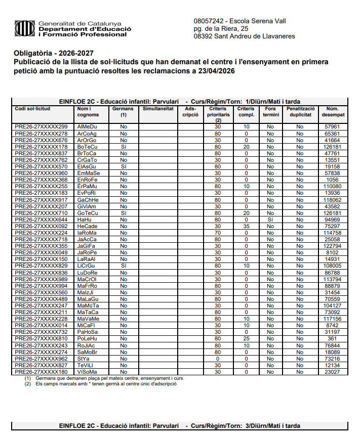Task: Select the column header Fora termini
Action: click(271, 111)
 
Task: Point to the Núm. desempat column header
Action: click(332, 111)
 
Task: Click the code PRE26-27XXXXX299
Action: click(41, 126)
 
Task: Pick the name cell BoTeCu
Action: click(87, 147)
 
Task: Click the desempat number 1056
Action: click(332, 180)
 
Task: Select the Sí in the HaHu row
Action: click(271, 220)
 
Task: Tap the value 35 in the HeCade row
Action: click(246, 226)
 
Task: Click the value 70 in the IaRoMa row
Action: click(218, 233)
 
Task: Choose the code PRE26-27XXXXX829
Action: click(41, 266)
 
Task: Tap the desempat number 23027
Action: click(332, 372)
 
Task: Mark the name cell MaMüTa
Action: click(88, 306)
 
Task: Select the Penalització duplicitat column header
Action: click(300, 111)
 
